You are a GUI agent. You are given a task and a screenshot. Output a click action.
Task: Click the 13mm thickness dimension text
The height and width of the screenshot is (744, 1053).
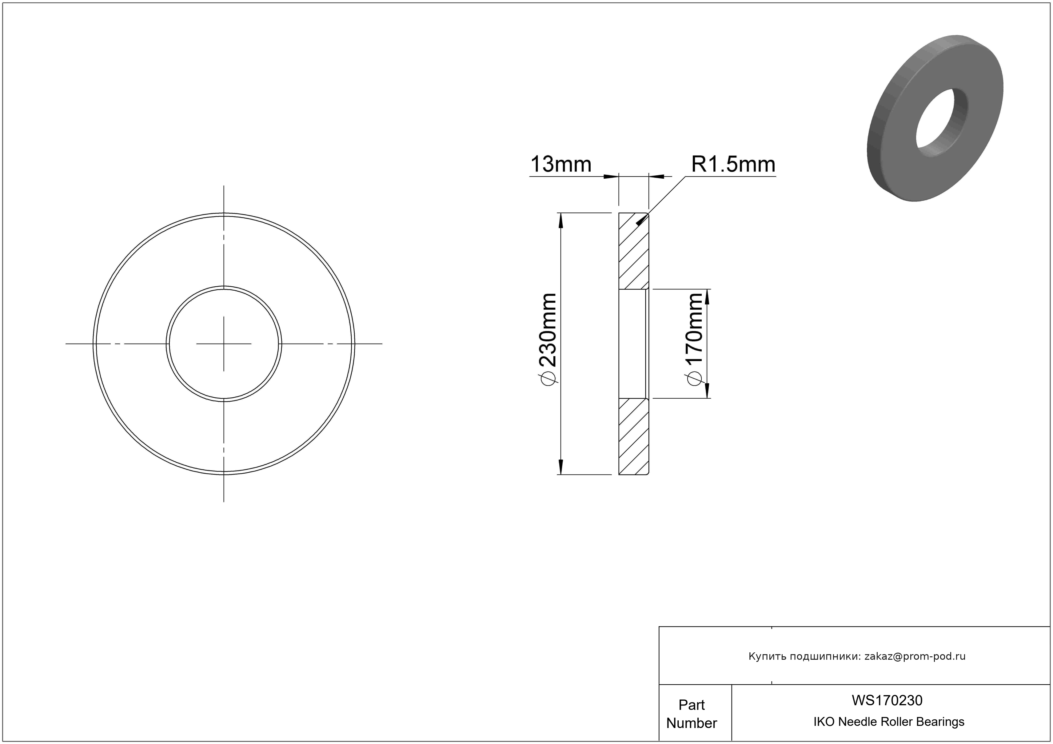(x=560, y=164)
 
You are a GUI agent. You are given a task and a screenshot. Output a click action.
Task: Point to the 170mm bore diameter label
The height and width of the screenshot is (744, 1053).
(x=695, y=328)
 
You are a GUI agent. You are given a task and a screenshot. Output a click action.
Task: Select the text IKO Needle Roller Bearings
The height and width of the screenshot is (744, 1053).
(x=889, y=722)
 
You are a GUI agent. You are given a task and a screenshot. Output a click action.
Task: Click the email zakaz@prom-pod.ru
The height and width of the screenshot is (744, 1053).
(x=915, y=656)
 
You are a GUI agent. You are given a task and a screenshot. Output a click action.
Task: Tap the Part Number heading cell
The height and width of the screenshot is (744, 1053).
(x=692, y=714)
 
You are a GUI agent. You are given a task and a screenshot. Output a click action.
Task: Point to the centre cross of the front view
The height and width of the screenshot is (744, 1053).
(x=224, y=343)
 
